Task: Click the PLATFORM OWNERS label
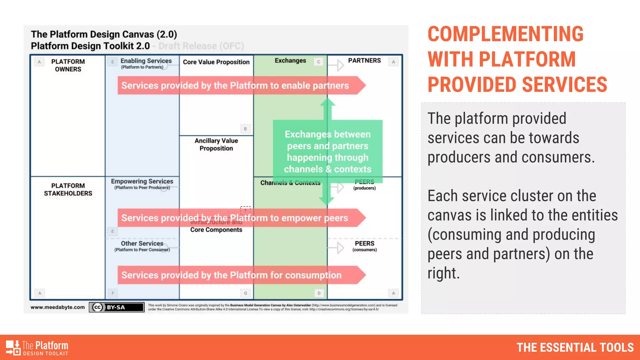pos(68,65)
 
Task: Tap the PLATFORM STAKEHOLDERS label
pos(68,189)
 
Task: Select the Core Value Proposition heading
pos(216,62)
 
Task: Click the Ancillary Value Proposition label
pos(216,144)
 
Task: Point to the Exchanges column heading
pos(290,61)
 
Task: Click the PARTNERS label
pos(364,61)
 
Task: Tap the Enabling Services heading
pos(146,61)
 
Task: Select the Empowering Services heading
pos(142,182)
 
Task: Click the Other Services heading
pos(142,243)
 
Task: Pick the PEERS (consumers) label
pos(364,246)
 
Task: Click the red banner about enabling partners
pos(235,85)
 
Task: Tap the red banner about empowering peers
pos(235,218)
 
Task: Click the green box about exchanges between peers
pos(327,152)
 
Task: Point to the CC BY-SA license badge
pos(117,307)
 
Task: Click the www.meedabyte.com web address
pos(57,307)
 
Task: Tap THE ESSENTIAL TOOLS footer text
pos(575,347)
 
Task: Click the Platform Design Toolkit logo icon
pos(13,347)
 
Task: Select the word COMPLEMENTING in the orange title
pos(505,34)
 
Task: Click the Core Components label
pos(216,230)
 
